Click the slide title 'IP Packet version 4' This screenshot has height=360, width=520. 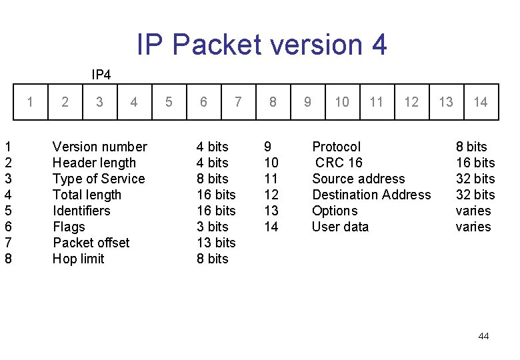[x=261, y=45]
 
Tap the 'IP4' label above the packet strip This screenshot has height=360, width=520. [x=101, y=74]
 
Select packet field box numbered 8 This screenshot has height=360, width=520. [x=273, y=102]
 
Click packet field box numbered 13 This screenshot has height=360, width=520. [x=446, y=102]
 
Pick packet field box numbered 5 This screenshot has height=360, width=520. [x=169, y=102]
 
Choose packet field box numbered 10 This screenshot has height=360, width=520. [x=342, y=102]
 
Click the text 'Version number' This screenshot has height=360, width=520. [x=99, y=147]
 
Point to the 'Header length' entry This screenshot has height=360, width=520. [x=94, y=163]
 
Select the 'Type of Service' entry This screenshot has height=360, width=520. [x=99, y=179]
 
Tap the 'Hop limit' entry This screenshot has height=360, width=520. [x=78, y=259]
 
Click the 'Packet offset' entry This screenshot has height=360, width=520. [x=91, y=243]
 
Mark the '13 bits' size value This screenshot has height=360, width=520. [x=216, y=243]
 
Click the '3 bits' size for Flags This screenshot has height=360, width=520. [x=212, y=227]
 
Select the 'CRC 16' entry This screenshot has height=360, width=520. [x=339, y=163]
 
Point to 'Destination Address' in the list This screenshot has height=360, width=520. [x=371, y=195]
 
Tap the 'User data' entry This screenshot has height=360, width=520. [x=340, y=227]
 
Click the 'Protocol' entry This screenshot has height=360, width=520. [x=336, y=147]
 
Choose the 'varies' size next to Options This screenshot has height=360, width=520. [x=473, y=211]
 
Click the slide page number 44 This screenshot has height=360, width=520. [x=483, y=336]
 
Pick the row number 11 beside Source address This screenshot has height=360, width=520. [x=271, y=179]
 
